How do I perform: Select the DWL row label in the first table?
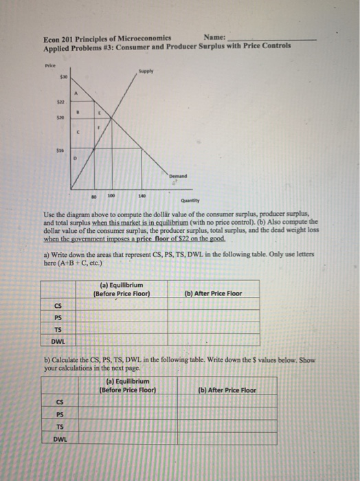(59, 340)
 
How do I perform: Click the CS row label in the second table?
(60, 402)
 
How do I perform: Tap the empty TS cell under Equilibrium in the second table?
(128, 426)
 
